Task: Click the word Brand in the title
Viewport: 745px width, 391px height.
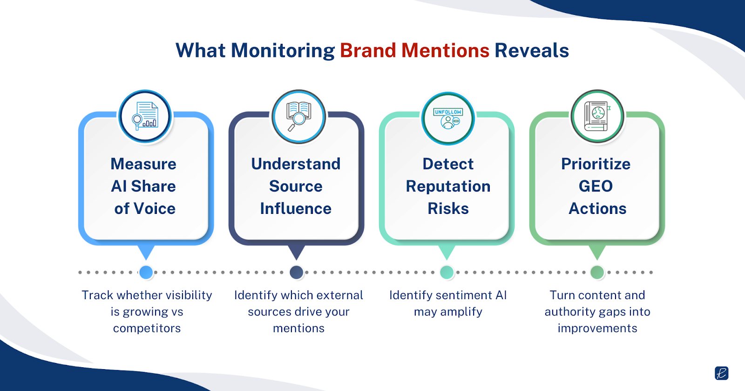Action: click(368, 50)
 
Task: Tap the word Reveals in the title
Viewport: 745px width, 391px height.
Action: click(531, 50)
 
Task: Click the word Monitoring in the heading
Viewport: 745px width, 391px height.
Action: click(283, 50)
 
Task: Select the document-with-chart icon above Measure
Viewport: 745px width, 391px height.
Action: click(145, 116)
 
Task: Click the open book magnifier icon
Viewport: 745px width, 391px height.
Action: click(298, 116)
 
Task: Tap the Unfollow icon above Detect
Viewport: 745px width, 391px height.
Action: click(448, 118)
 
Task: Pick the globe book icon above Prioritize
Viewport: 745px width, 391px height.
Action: click(597, 116)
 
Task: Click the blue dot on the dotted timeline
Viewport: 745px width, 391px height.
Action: click(146, 272)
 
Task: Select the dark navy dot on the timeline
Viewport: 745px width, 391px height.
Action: click(297, 272)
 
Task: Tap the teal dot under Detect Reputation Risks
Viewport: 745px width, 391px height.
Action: click(447, 272)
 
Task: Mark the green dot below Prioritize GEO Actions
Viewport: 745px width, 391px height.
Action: click(597, 272)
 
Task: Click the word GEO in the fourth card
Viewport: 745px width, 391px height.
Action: click(596, 186)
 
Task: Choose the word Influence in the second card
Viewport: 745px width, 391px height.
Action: click(296, 208)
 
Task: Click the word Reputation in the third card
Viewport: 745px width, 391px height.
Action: click(448, 186)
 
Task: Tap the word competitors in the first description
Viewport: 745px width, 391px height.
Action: click(147, 328)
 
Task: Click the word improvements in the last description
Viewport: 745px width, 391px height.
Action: click(597, 328)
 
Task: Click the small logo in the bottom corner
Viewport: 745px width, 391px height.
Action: click(721, 373)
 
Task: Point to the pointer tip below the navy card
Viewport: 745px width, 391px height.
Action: click(296, 257)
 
